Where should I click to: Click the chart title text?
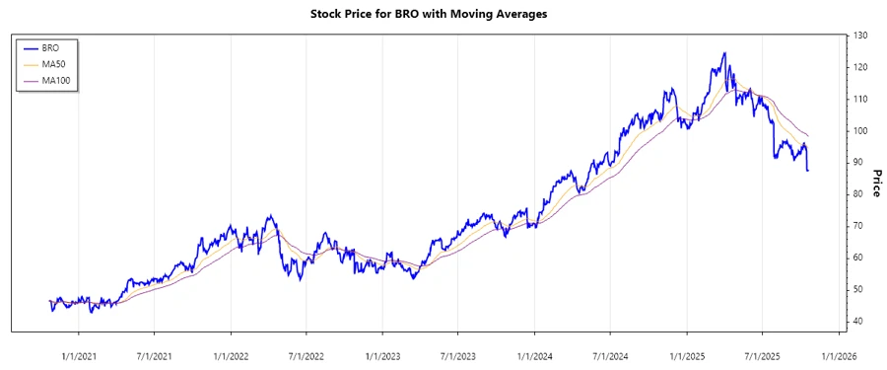tap(443, 14)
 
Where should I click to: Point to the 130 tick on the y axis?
tap(860, 36)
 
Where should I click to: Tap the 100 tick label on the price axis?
tap(860, 131)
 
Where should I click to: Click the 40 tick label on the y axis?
tap(860, 322)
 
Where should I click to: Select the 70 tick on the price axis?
tap(860, 226)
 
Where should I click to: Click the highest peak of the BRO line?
tap(724, 53)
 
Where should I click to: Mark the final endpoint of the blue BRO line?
tap(808, 171)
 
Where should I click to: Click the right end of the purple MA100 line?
tap(808, 135)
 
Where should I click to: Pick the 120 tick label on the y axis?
tap(860, 67)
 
